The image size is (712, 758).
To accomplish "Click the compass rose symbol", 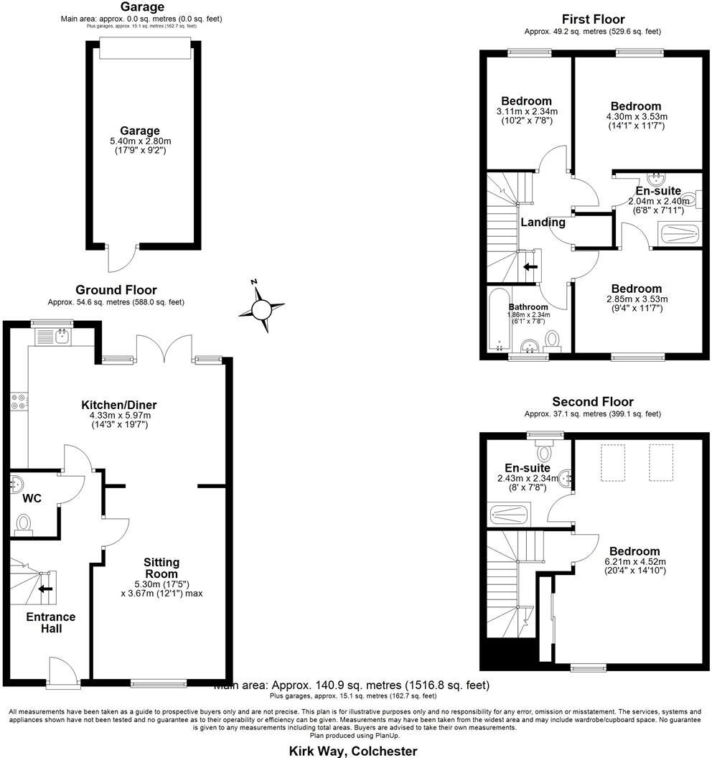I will click(x=261, y=309).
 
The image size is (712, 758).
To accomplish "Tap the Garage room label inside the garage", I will click(x=140, y=131).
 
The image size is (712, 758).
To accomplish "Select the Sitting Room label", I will click(x=161, y=568).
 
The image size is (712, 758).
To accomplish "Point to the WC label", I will click(x=31, y=497).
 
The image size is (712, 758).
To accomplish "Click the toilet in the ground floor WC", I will click(x=24, y=524).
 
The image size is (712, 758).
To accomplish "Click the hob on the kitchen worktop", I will click(x=19, y=403).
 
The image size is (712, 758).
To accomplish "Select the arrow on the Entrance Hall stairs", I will click(x=47, y=589).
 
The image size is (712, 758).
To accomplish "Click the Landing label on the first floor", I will click(x=543, y=223).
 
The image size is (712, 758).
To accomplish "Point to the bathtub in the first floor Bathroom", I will click(x=497, y=320).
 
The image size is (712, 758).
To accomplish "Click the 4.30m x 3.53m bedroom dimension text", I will click(x=637, y=117).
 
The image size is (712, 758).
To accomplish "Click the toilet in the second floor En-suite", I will click(x=545, y=452).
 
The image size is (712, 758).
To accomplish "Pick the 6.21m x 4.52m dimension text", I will click(x=634, y=562).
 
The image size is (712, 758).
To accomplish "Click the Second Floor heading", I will click(x=592, y=402).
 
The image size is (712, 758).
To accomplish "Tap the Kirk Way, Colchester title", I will click(x=352, y=751).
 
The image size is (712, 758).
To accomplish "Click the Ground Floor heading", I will click(x=116, y=290).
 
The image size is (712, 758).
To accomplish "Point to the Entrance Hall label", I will click(x=50, y=622).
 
